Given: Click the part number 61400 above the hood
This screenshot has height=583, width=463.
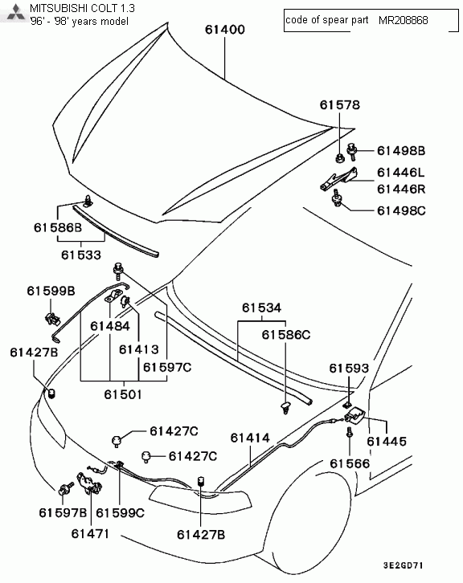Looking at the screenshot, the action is (225, 30).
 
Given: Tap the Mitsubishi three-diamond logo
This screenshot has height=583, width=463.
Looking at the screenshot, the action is (15, 13).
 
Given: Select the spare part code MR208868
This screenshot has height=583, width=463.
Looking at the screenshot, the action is (403, 20).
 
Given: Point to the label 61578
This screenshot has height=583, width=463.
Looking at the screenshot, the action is (340, 105).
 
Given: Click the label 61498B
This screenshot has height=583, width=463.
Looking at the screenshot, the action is (401, 151).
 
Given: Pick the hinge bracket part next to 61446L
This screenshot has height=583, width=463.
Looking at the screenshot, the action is (338, 178).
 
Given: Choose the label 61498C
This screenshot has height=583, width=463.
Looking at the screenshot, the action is (401, 210).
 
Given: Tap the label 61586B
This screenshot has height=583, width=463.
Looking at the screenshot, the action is (58, 227).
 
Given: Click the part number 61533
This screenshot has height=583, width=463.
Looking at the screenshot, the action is (81, 255).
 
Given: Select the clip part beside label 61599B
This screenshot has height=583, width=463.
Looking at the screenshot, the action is (52, 319).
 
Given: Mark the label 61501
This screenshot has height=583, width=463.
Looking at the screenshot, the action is (123, 394).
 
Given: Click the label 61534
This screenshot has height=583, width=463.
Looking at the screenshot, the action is (262, 308).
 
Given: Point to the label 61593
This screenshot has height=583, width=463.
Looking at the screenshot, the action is (349, 368).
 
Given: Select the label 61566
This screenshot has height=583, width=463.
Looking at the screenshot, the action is (350, 463).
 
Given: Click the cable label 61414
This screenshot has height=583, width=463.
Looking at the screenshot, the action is (250, 438).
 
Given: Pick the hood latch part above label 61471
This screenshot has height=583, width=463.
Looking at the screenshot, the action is (89, 483).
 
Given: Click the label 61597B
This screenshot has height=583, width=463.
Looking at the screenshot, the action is (63, 512).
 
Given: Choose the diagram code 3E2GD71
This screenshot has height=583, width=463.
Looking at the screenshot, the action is (403, 565).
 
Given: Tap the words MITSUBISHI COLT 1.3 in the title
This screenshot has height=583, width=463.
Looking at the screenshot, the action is (82, 8).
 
